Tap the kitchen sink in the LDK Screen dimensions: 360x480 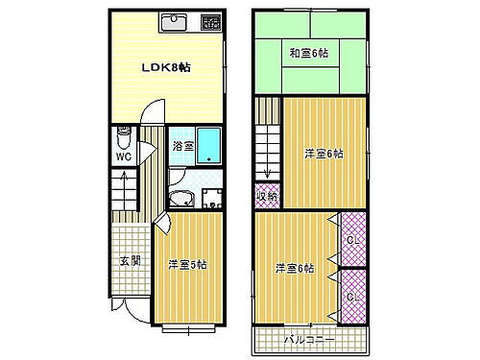[x=174, y=21]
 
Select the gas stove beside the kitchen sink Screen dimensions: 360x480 [x=209, y=21]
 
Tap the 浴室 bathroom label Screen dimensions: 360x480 [x=182, y=147]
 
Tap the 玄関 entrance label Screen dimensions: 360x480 [x=130, y=260]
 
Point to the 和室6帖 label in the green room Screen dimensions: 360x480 [x=310, y=55]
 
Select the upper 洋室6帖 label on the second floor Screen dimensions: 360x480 [x=324, y=154]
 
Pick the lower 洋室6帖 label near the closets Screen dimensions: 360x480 [x=294, y=268]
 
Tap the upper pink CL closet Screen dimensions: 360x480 [x=352, y=240]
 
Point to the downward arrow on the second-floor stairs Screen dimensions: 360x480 [x=268, y=171]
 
